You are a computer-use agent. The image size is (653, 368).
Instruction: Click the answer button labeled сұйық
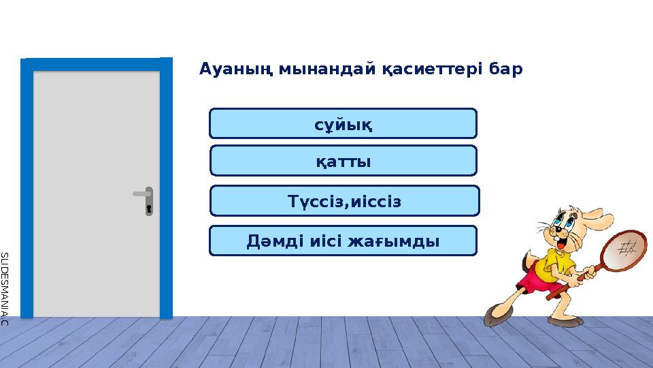[343, 123]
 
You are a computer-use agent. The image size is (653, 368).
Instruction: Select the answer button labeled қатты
[343, 161]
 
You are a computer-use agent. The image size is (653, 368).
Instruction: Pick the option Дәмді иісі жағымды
[343, 241]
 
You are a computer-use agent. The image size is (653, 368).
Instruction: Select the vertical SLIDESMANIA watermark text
[4, 286]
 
